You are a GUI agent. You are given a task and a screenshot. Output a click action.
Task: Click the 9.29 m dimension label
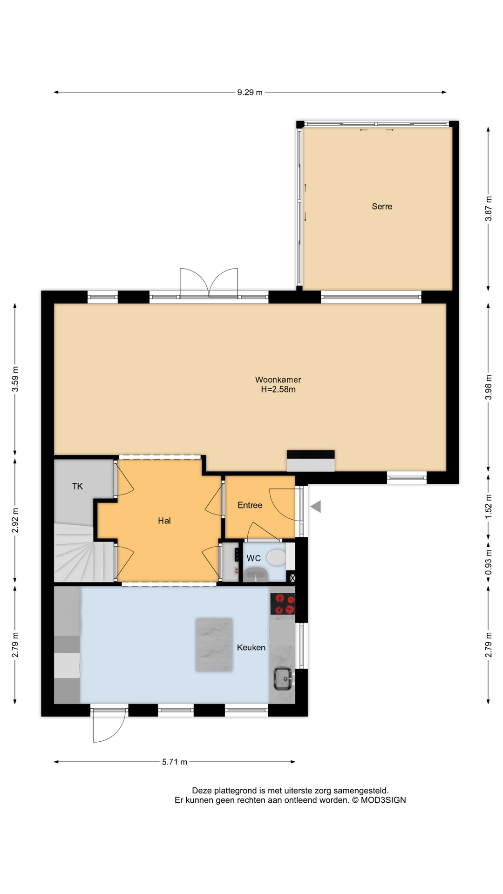point(250,92)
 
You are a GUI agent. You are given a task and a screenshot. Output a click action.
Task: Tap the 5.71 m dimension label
point(175,762)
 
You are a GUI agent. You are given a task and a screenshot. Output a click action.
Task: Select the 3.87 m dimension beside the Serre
point(488,208)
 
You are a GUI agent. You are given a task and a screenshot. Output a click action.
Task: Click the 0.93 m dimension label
point(488,563)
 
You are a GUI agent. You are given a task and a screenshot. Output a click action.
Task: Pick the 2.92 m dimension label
point(15,521)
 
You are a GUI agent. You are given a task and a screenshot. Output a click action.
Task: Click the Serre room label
point(382,206)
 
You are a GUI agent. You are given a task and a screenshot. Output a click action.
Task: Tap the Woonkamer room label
point(278,379)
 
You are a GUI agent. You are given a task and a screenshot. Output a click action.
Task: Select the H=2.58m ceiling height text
point(278,390)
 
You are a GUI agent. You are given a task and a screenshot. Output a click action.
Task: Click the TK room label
point(77,486)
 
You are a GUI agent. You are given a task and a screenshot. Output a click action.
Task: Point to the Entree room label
point(250,505)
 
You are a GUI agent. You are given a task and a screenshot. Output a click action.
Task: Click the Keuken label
point(251,647)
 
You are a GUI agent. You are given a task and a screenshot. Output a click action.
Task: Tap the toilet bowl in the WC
point(277,557)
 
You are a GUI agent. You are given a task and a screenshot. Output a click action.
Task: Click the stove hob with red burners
point(283,604)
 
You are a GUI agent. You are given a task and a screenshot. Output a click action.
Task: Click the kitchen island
point(214,644)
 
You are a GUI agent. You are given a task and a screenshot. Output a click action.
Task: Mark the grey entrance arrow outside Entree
point(316,506)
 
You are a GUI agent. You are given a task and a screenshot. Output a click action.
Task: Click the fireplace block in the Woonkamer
point(311,461)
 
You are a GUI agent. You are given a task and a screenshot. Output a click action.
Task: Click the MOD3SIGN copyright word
point(383,800)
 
